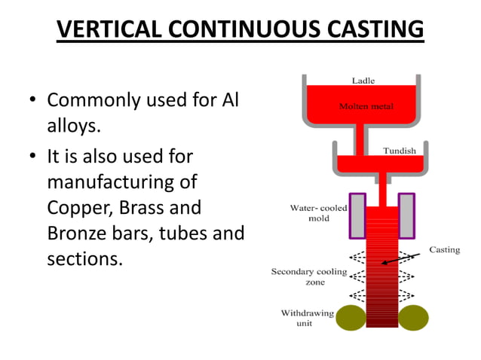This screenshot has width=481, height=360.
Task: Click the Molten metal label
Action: (x=366, y=106)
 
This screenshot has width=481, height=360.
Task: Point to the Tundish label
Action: (x=399, y=151)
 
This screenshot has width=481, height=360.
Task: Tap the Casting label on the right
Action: (x=444, y=249)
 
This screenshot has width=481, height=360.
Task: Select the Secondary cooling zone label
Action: (x=308, y=276)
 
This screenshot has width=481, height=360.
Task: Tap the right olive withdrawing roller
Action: (x=413, y=317)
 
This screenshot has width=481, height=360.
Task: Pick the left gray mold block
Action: (x=357, y=213)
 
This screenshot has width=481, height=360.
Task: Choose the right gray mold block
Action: (x=406, y=213)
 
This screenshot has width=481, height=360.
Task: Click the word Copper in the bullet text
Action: (x=75, y=208)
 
